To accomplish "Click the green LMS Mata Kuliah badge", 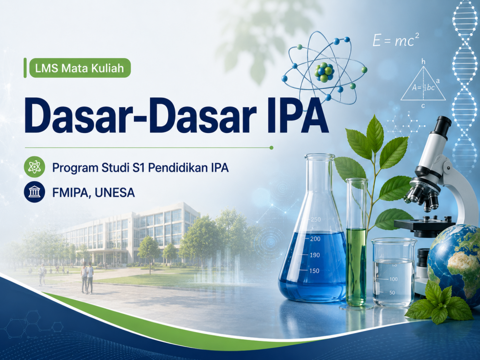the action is pyautogui.click(x=80, y=68).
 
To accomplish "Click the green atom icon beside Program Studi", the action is pyautogui.click(x=34, y=167).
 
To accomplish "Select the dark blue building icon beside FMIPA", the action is pyautogui.click(x=34, y=192).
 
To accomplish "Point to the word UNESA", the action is pyautogui.click(x=115, y=192).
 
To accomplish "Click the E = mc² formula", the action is pyautogui.click(x=396, y=40).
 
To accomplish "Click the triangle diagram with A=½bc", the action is pyautogui.click(x=423, y=83).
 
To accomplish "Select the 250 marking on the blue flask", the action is pyautogui.click(x=316, y=219).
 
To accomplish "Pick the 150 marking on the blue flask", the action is pyautogui.click(x=314, y=271).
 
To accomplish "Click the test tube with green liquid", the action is pyautogui.click(x=356, y=243).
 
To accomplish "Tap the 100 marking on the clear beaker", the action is pyautogui.click(x=394, y=279).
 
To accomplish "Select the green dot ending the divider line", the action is pyautogui.click(x=271, y=148).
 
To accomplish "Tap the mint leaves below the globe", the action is pyautogui.click(x=439, y=302).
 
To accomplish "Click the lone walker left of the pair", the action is pyautogui.click(x=42, y=275).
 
